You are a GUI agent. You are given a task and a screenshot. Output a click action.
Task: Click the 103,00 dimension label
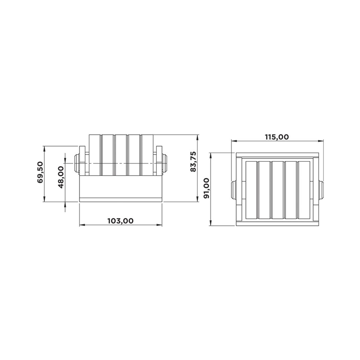point(121,221)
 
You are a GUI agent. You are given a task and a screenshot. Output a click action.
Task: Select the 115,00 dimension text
point(277,137)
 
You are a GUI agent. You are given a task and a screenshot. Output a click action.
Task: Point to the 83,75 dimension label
point(193,161)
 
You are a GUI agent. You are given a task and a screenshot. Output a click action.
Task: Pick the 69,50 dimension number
point(40,172)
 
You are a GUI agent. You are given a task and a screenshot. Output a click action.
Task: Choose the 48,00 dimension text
point(61,177)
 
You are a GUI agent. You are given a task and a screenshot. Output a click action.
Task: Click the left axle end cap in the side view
point(77,163)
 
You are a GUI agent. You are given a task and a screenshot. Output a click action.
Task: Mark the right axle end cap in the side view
point(165,163)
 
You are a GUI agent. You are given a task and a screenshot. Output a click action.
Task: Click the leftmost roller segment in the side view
point(95,155)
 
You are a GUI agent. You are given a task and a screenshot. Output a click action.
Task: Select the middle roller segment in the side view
point(121,155)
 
